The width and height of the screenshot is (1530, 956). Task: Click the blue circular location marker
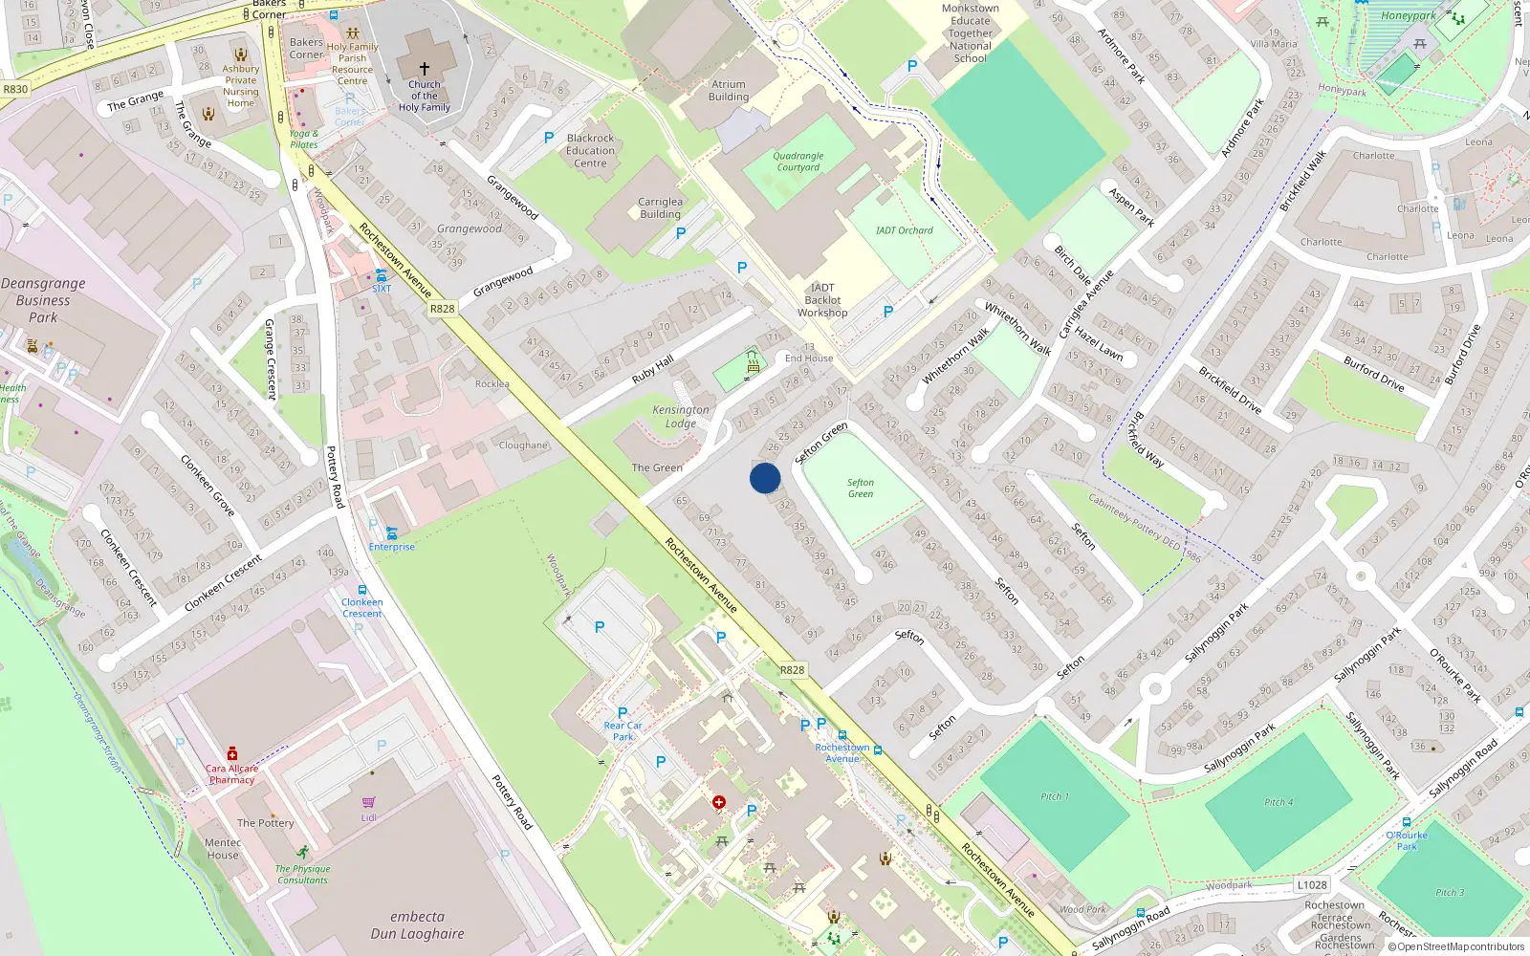pyautogui.click(x=765, y=478)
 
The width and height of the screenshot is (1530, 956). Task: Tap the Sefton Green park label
pyautogui.click(x=860, y=489)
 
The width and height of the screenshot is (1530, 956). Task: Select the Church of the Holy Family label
pyautogui.click(x=425, y=96)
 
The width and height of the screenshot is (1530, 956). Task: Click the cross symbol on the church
pyautogui.click(x=425, y=69)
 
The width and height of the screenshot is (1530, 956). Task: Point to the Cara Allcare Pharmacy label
pyautogui.click(x=231, y=773)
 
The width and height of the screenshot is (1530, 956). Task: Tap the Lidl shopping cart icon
pyautogui.click(x=369, y=803)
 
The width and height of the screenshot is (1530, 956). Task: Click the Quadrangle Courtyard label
pyautogui.click(x=798, y=162)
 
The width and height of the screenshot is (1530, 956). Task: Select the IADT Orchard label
pyautogui.click(x=904, y=230)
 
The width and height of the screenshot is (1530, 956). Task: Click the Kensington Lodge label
pyautogui.click(x=681, y=417)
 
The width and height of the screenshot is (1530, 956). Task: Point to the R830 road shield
pyautogui.click(x=15, y=89)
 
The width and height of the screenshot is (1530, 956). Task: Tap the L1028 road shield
pyautogui.click(x=1312, y=885)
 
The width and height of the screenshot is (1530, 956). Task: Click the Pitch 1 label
pyautogui.click(x=1055, y=796)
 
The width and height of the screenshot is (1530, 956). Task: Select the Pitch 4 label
pyautogui.click(x=1279, y=802)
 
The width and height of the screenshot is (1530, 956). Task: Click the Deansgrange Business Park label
pyautogui.click(x=43, y=300)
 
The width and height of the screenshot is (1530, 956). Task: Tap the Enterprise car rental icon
pyautogui.click(x=391, y=532)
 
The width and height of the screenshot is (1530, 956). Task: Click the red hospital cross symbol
pyautogui.click(x=719, y=802)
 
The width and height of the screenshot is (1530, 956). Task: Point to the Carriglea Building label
pyautogui.click(x=660, y=207)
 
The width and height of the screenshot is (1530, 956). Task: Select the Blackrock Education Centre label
pyautogui.click(x=590, y=151)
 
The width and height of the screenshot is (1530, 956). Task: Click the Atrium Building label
pyautogui.click(x=729, y=91)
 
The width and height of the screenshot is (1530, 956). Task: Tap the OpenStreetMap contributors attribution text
pyautogui.click(x=1459, y=947)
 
